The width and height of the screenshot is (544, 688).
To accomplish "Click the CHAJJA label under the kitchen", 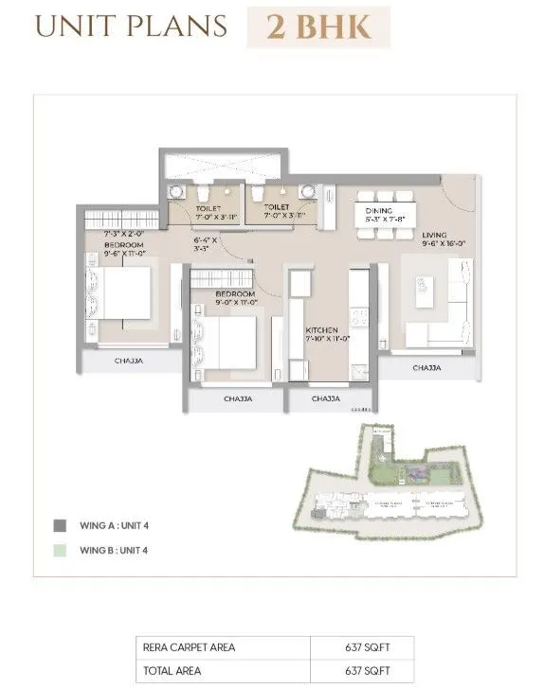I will click(x=325, y=399).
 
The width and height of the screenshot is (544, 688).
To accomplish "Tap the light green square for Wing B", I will click(x=60, y=549).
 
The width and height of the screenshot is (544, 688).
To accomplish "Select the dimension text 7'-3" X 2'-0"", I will click(x=124, y=233).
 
